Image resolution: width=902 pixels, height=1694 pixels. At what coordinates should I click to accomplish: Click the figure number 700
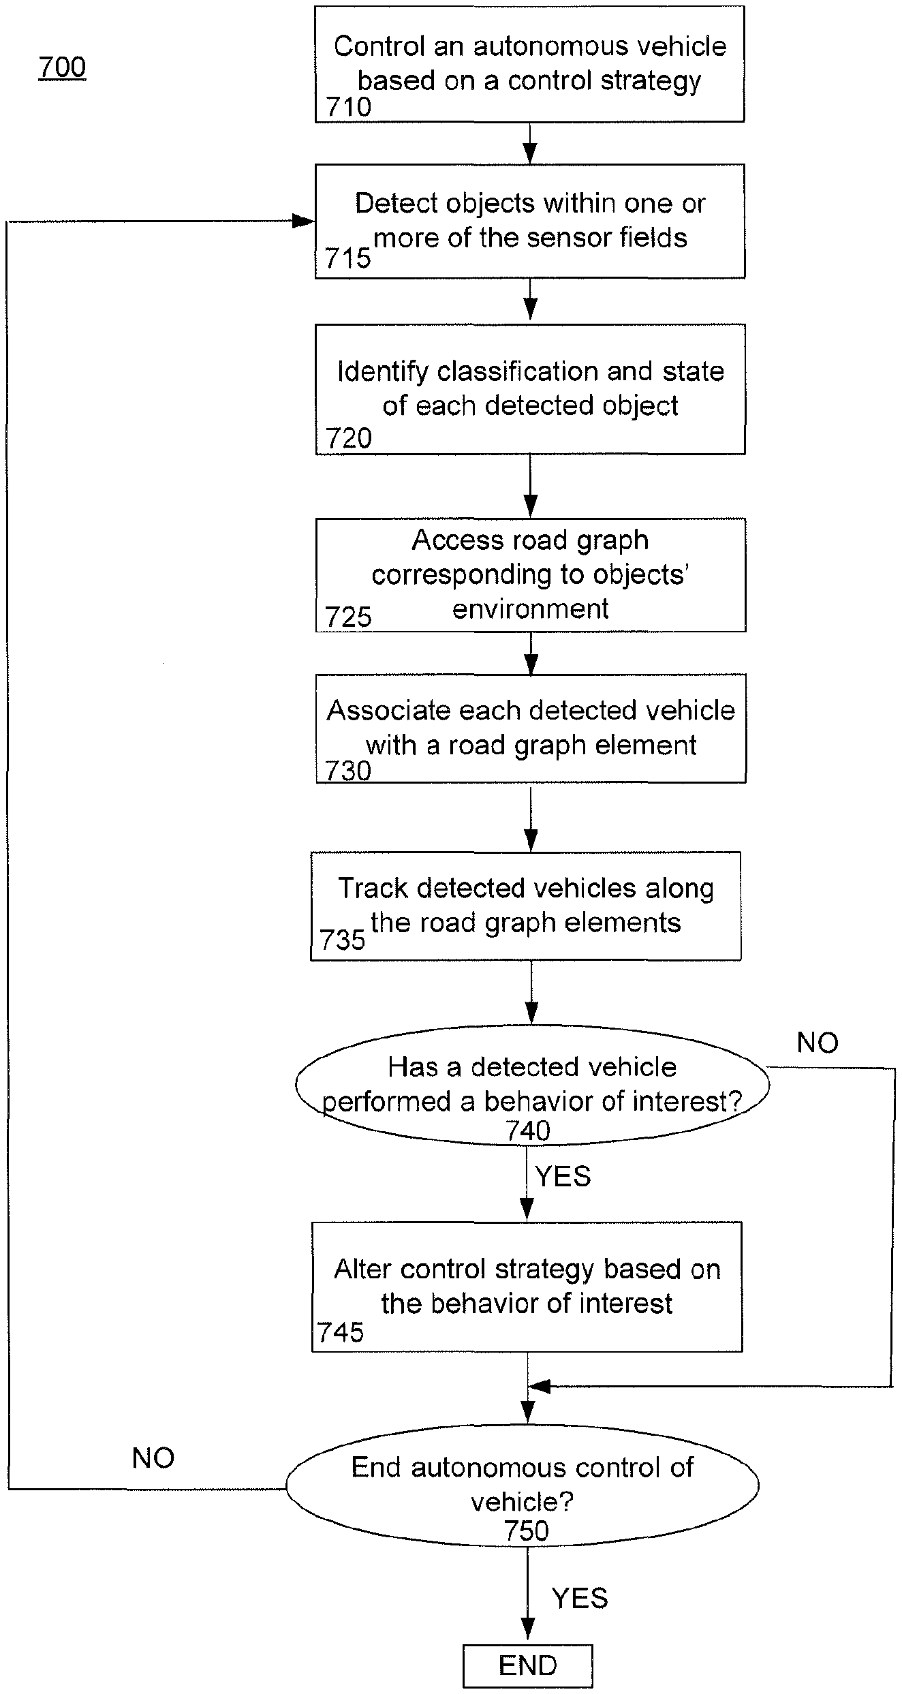point(62,67)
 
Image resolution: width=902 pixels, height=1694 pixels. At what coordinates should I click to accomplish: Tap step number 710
point(348,107)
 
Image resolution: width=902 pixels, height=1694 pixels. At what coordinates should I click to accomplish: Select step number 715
point(347,258)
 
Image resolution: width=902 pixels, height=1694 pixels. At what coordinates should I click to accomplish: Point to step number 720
point(349,438)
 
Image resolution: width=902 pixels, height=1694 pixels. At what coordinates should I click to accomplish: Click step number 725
point(348,617)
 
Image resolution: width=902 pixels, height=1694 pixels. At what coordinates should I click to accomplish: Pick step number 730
point(348,771)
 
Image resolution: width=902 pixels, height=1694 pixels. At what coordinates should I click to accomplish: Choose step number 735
point(343,940)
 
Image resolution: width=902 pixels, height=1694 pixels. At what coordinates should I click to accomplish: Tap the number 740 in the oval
point(528,1131)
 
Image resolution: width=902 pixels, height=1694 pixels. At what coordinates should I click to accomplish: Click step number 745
point(341,1332)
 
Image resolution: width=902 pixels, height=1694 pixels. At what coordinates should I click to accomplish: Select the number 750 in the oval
point(527,1532)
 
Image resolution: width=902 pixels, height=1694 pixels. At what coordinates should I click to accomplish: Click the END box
point(528,1666)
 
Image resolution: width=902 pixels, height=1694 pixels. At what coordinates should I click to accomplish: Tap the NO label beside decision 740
point(818,1043)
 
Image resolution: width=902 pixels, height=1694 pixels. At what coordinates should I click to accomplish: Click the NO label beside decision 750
point(153,1458)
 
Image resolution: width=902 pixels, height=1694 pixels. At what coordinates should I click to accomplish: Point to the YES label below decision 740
point(563,1176)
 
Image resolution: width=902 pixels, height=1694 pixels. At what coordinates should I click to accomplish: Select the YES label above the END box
point(580,1598)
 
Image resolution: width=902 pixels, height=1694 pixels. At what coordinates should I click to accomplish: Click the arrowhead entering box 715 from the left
point(303,221)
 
